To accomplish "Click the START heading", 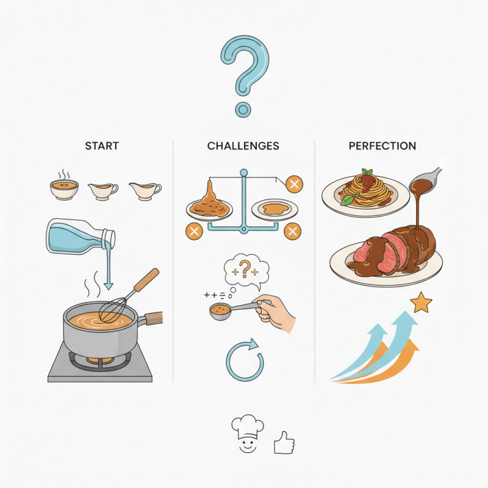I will coord(102,146).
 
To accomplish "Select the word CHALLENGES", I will coord(243,146).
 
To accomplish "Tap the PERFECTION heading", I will coord(382,146).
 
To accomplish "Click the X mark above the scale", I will coord(294,184).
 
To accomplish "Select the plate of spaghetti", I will coord(360,193).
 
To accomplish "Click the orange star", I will coord(421,303).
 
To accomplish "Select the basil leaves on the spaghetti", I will coord(367,173).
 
